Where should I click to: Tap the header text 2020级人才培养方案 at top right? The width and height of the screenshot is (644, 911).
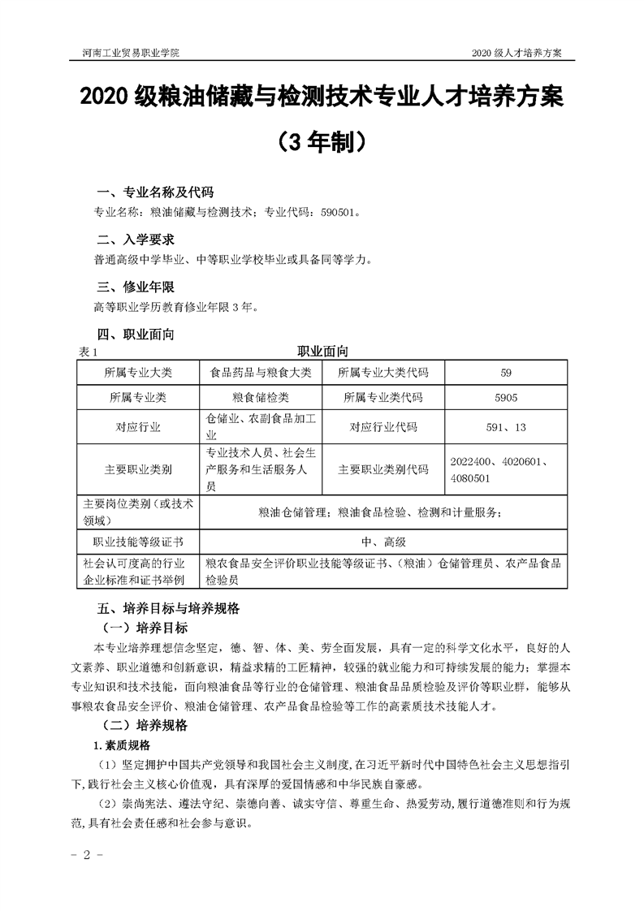tap(516, 52)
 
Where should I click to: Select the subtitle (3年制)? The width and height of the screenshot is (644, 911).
tap(322, 142)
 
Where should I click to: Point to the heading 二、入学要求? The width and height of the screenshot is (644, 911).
tap(136, 240)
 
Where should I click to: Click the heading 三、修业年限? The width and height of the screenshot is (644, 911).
tap(136, 287)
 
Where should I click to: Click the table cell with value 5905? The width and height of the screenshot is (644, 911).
tap(505, 398)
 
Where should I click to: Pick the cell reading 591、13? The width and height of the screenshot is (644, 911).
tap(505, 426)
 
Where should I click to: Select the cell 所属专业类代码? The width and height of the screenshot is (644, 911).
tap(383, 398)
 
